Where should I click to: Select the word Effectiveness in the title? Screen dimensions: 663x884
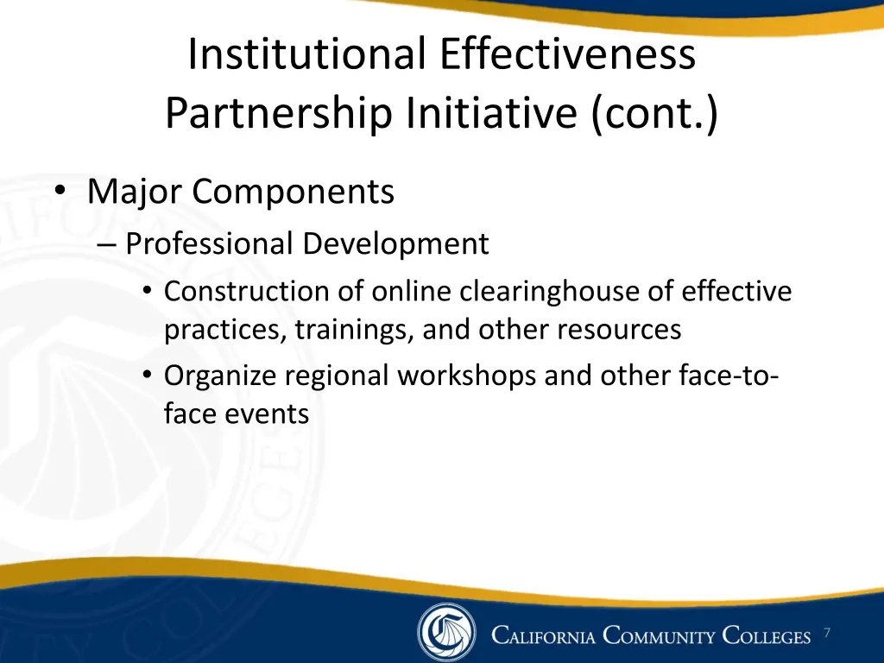tap(567, 54)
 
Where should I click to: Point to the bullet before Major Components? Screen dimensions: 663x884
tap(59, 192)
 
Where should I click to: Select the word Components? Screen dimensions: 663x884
tap(294, 192)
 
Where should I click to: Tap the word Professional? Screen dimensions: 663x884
tap(209, 244)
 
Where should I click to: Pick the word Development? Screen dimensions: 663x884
tap(395, 244)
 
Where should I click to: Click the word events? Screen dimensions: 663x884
tap(268, 414)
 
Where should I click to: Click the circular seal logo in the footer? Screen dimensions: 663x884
tap(446, 633)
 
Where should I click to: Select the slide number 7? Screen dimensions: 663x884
tap(826, 634)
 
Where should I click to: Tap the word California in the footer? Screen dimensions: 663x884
tap(544, 637)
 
